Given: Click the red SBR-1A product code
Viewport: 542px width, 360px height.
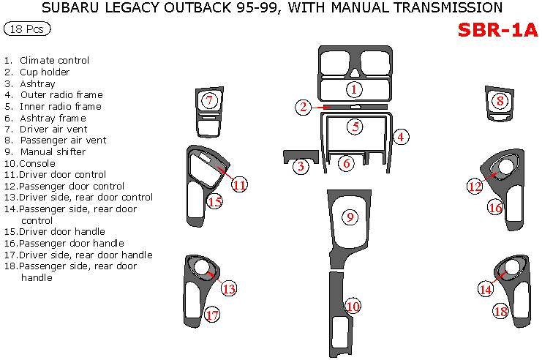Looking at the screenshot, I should [x=497, y=30].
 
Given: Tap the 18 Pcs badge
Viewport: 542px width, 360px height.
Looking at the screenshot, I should [x=27, y=29].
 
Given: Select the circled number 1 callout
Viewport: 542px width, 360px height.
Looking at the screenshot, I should [x=354, y=89].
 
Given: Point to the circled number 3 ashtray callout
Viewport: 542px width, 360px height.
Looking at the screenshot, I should [x=301, y=166].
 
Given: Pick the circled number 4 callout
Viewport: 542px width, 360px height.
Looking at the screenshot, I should [x=401, y=135].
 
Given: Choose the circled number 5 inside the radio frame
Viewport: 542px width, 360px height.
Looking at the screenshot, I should [x=355, y=127].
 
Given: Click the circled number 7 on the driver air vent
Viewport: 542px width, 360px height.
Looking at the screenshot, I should [x=209, y=101].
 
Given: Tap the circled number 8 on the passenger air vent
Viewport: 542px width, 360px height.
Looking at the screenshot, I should [x=500, y=101].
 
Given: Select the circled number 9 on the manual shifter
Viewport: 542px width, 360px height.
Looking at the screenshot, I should [x=350, y=217].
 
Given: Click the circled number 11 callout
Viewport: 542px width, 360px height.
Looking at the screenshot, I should [x=239, y=184].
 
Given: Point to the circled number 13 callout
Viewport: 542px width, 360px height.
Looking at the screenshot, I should [x=229, y=289].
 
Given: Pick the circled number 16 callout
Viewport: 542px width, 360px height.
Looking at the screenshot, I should [x=495, y=208].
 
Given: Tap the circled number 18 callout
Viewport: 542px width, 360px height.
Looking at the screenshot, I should [x=500, y=311].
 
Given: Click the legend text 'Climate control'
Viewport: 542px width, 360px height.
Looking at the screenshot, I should [x=54, y=61].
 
